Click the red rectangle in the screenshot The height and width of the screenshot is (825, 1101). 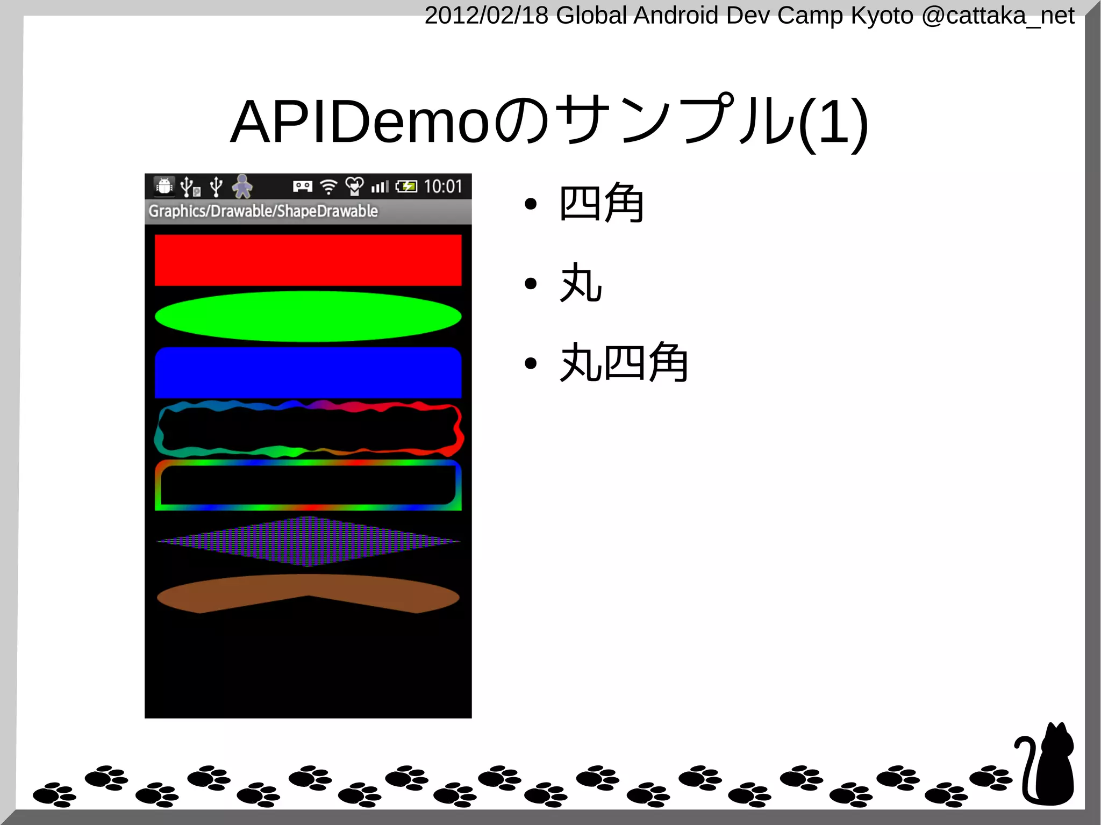pos(308,260)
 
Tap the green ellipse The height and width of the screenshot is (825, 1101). pos(308,316)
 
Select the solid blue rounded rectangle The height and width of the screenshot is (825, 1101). pos(308,372)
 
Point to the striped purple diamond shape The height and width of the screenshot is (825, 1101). pos(308,541)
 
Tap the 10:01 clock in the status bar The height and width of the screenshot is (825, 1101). pos(443,186)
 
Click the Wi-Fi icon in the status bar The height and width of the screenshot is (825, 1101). pos(328,186)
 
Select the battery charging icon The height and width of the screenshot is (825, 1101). pos(406,186)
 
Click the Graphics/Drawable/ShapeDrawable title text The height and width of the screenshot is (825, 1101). pos(263,211)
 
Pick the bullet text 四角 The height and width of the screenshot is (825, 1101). pos(601,203)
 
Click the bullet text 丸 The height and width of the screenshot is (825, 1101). pos(581,283)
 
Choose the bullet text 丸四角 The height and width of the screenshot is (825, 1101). pos(624,363)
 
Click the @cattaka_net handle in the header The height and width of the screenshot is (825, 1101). pos(998,16)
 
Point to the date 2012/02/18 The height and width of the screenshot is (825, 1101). pos(486,16)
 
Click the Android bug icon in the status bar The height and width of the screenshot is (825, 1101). pos(164,186)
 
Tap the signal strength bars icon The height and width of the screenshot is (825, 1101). pos(380,186)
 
